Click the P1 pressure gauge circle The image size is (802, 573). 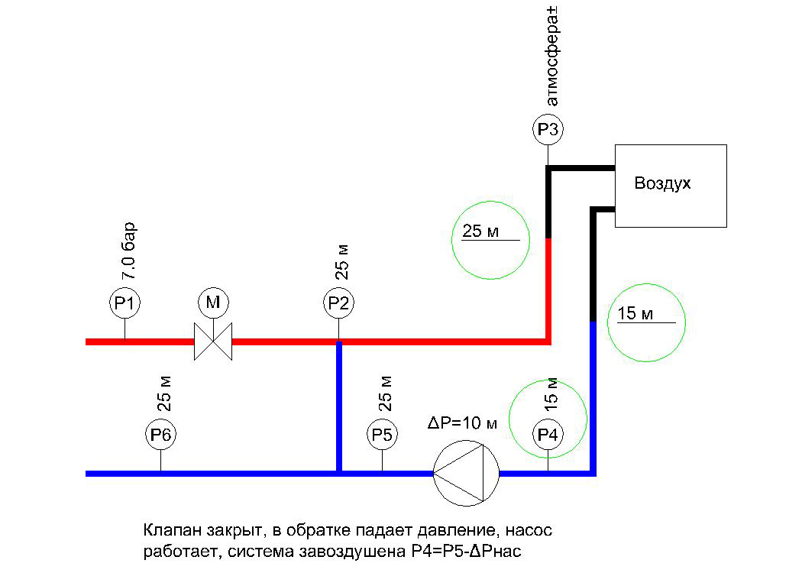(125, 303)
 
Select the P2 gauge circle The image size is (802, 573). (338, 303)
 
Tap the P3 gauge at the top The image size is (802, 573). (548, 130)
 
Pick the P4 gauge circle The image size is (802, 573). (548, 435)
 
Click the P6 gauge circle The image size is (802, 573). (161, 435)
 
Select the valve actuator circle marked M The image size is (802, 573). (213, 303)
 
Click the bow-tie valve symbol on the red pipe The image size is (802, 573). (213, 342)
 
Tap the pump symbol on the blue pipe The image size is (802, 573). (466, 473)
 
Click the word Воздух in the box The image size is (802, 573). (662, 184)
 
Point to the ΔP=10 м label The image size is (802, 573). (461, 423)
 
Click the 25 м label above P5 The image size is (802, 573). (386, 392)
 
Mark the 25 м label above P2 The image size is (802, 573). (343, 263)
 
